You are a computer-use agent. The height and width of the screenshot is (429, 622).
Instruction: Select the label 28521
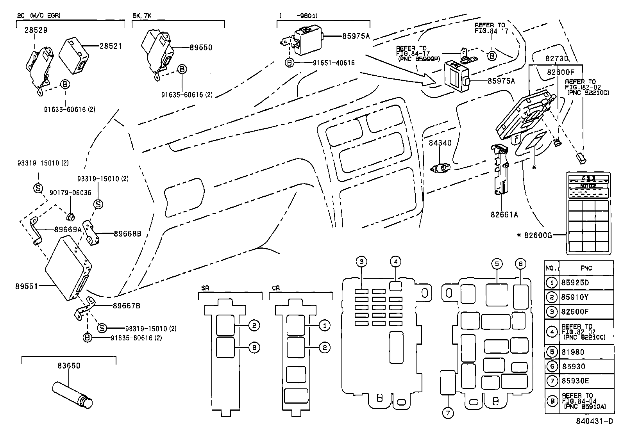click(x=111, y=46)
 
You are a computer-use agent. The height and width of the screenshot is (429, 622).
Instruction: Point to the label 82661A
click(x=504, y=214)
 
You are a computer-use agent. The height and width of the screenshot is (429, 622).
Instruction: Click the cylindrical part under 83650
click(x=73, y=395)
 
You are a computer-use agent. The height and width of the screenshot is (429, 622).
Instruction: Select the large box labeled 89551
click(x=68, y=269)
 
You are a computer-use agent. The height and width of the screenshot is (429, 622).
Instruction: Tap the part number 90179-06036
click(x=70, y=193)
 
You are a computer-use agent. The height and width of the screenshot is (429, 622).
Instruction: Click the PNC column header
click(x=586, y=268)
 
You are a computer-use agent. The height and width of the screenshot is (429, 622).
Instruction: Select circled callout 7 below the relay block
click(x=448, y=413)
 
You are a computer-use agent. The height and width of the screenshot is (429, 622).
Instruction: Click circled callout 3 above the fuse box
click(x=362, y=262)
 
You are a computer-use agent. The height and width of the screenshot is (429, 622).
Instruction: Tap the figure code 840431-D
click(x=593, y=422)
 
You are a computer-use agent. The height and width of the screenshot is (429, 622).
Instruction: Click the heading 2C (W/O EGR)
click(x=39, y=16)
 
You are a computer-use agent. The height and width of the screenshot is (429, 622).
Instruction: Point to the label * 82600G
click(x=534, y=235)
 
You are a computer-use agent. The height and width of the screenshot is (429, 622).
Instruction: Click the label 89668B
click(x=127, y=234)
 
